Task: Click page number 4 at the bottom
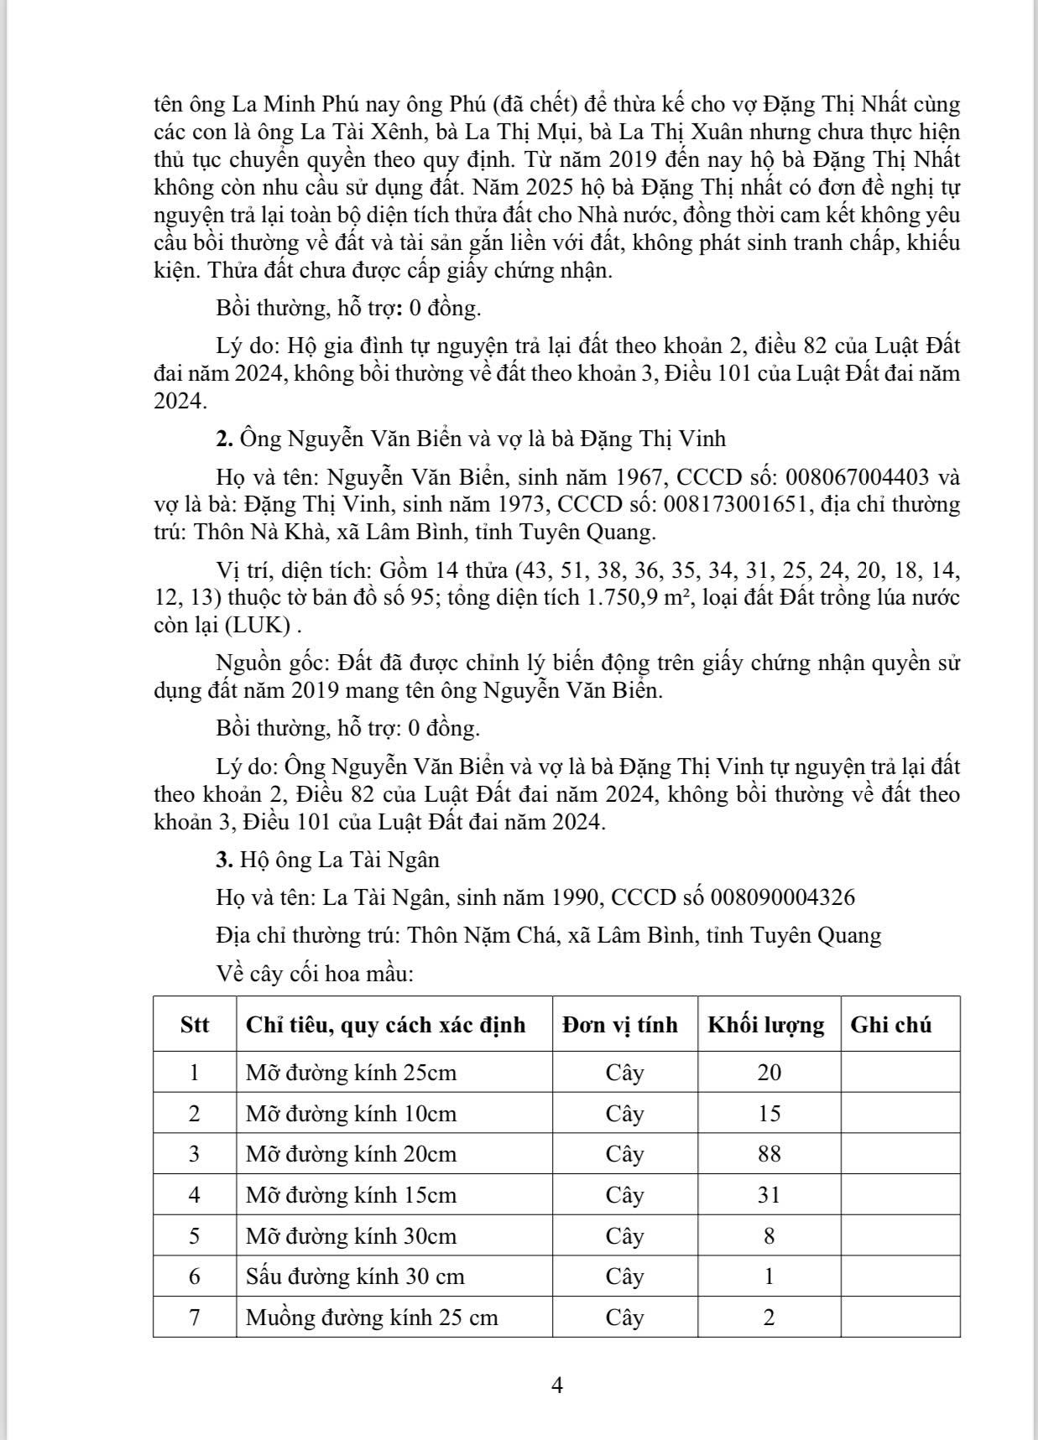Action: point(557,1385)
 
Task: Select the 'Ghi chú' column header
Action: point(891,1025)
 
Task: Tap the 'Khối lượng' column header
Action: point(766,1025)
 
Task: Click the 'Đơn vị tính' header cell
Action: point(620,1025)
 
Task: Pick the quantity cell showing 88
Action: point(769,1154)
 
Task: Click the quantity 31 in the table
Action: point(769,1194)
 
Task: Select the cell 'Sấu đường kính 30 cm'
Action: point(355,1276)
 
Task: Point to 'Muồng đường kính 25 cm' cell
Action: point(372,1317)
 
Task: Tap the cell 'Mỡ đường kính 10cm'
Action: point(351,1114)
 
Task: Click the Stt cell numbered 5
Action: point(195,1236)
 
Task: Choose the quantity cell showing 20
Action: point(769,1073)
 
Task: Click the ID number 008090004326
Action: point(783,897)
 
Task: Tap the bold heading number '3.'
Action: point(224,860)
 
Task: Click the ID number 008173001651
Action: point(738,505)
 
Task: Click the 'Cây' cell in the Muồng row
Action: point(625,1317)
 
